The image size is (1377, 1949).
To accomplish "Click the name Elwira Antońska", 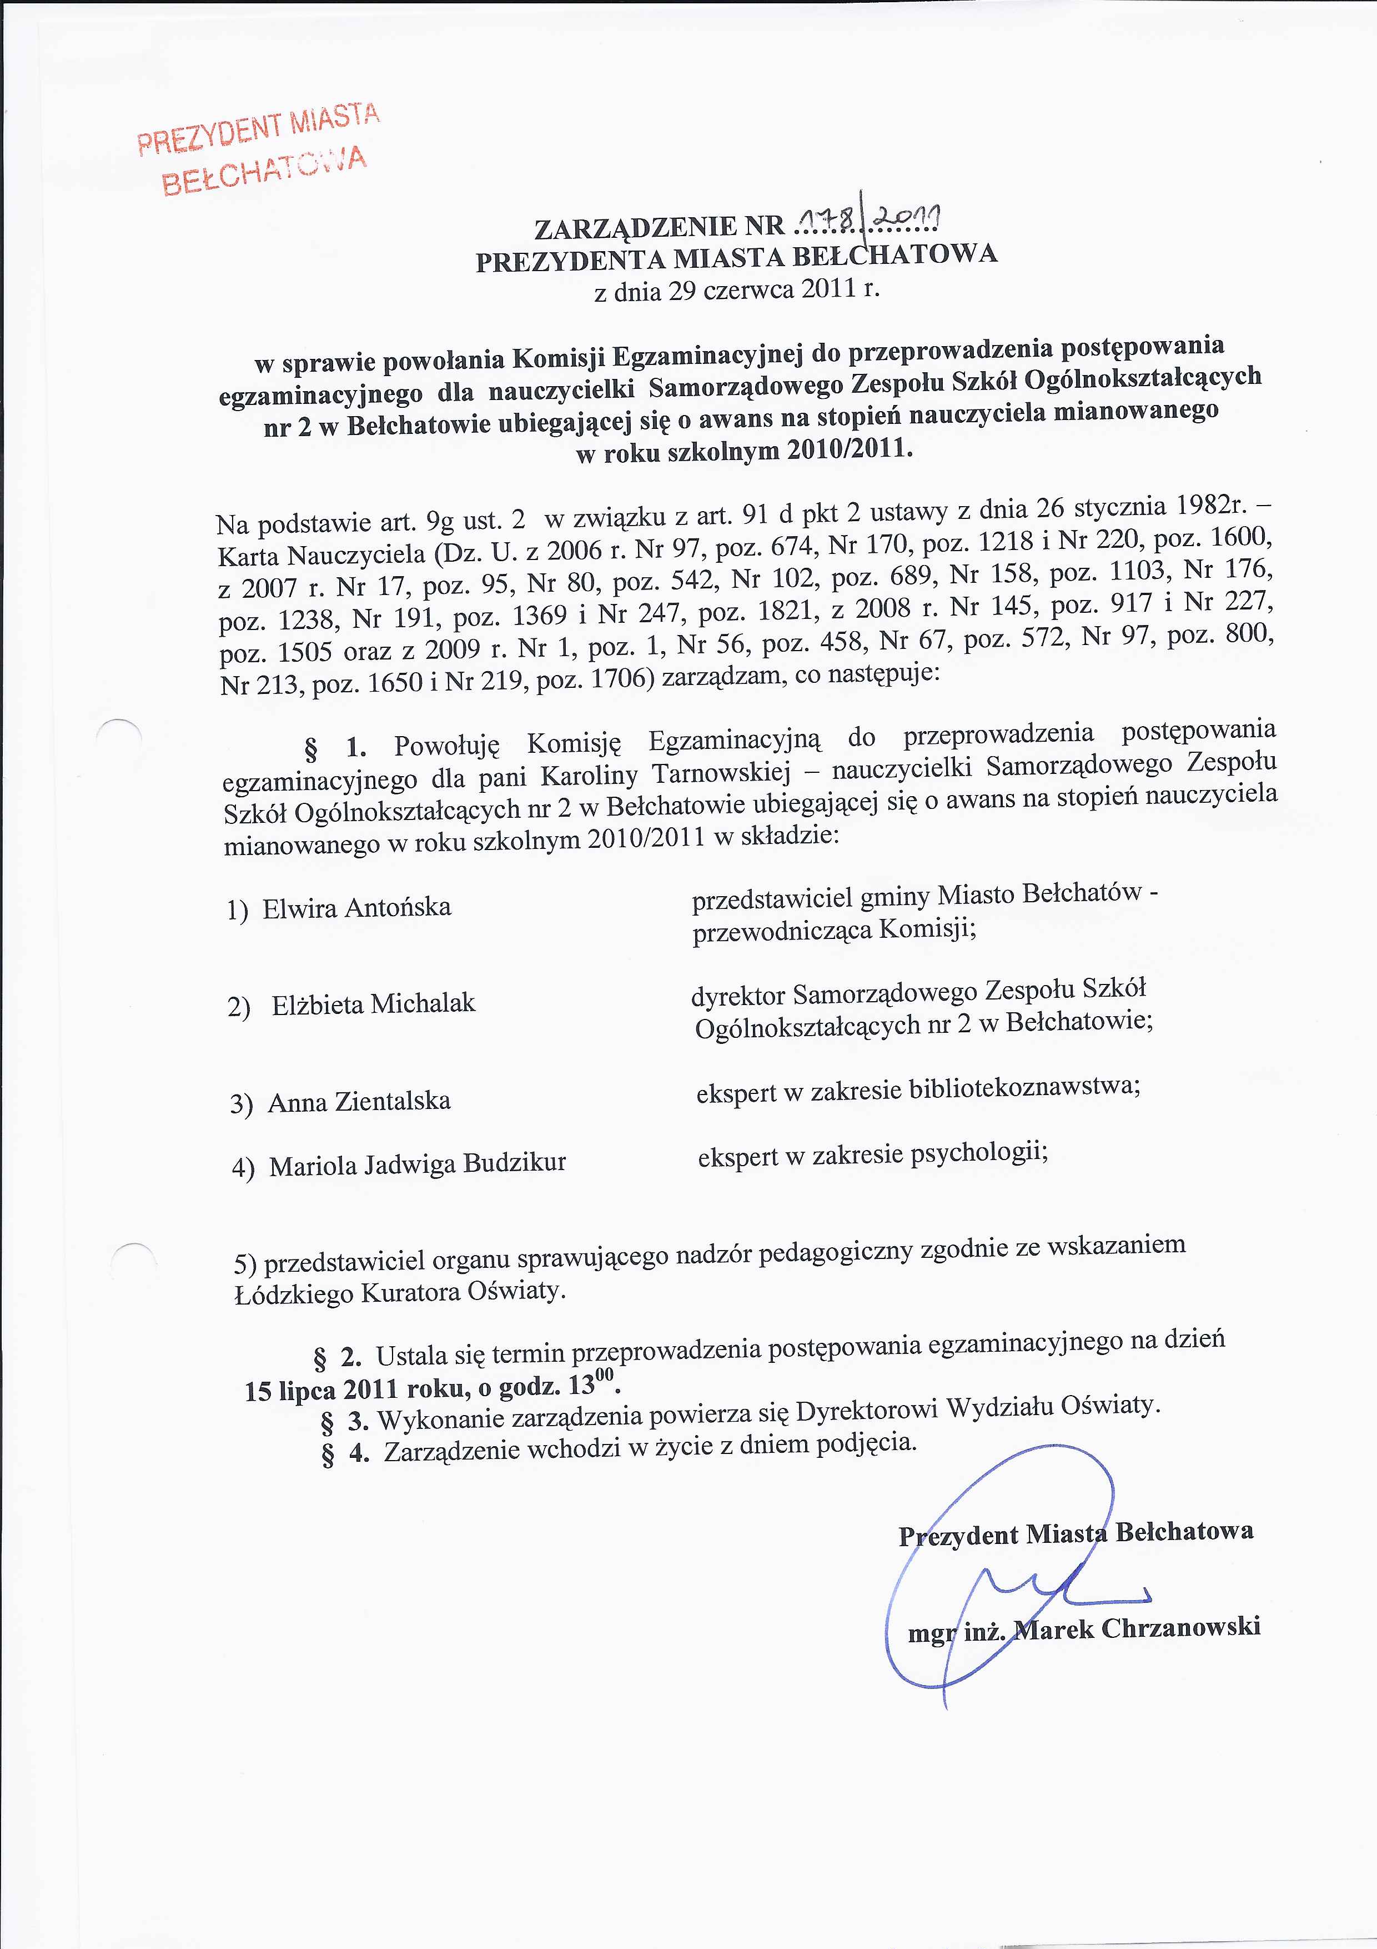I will (356, 908).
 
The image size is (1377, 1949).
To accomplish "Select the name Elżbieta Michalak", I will (373, 1004).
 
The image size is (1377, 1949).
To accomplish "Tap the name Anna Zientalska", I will (359, 1102).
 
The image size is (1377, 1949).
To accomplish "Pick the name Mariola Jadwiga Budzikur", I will (418, 1165).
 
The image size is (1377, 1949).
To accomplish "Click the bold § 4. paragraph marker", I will (346, 1453).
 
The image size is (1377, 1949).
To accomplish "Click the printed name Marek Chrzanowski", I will (1138, 1627).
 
